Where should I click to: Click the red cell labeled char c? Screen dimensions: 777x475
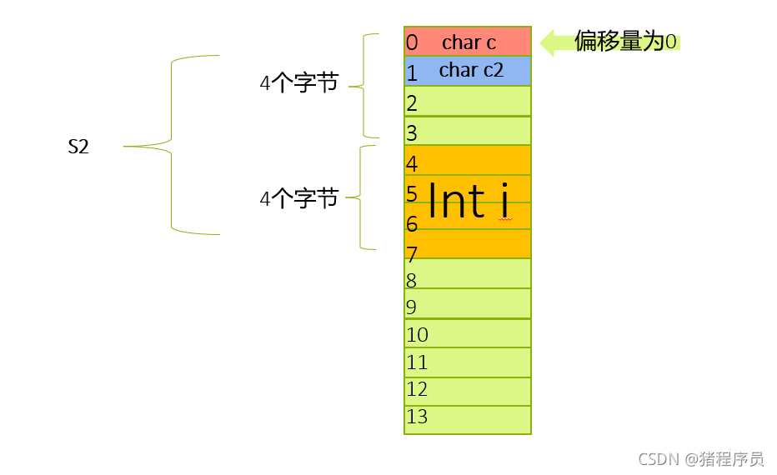[468, 42]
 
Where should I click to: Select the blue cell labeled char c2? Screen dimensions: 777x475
[468, 71]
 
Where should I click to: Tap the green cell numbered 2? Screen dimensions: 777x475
[468, 102]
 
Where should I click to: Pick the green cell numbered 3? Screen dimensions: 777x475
[468, 131]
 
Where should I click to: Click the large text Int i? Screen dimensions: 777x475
[469, 202]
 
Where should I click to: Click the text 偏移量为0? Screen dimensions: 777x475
[626, 42]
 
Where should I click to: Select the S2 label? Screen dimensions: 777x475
[78, 147]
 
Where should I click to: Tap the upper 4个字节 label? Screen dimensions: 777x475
[299, 83]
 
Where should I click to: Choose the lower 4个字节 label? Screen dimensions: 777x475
[299, 198]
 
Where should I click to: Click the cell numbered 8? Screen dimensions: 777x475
[468, 274]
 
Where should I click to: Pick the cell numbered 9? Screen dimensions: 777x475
[468, 304]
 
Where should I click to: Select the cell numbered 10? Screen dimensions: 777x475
[468, 333]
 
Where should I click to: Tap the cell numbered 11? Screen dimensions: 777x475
[468, 362]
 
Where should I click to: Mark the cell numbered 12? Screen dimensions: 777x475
[468, 391]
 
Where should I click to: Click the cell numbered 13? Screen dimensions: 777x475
[468, 419]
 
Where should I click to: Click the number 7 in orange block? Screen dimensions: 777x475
[412, 254]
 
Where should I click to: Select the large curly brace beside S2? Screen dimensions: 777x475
[171, 146]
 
